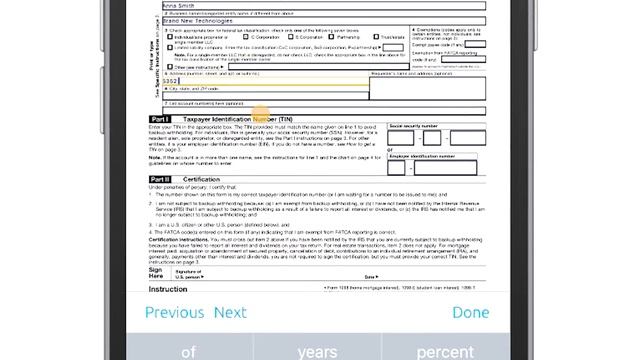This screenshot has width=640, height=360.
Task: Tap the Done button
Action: (x=470, y=312)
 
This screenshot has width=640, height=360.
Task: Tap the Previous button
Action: (x=175, y=312)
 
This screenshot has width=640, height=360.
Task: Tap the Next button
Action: (x=230, y=312)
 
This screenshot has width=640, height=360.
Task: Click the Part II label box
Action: (x=161, y=178)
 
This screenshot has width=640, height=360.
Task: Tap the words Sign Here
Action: (x=158, y=272)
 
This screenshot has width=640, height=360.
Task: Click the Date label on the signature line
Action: (x=370, y=275)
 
